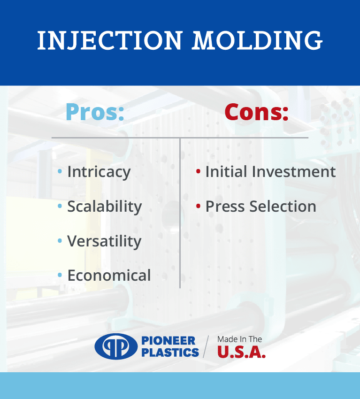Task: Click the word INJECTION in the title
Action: (110, 40)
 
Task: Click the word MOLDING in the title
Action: (257, 40)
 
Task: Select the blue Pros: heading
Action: (95, 112)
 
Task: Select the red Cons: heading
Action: (256, 112)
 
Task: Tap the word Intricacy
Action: (99, 172)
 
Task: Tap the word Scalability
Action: (105, 207)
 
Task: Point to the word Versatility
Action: (104, 241)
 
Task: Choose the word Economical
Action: (109, 276)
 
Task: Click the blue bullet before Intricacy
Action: (60, 171)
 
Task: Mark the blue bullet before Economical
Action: (60, 275)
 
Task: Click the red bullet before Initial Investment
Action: (198, 171)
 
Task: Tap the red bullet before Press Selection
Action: (198, 206)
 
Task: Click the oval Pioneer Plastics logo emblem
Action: (116, 346)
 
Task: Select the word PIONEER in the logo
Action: (168, 340)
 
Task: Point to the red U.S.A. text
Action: (241, 352)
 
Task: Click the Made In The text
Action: (240, 339)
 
